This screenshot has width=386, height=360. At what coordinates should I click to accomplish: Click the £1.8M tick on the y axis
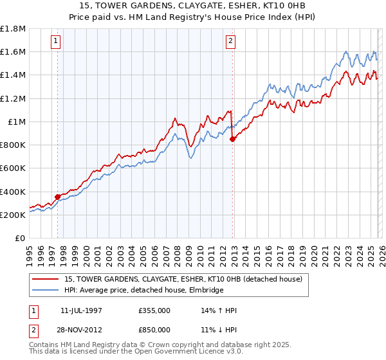point(13,29)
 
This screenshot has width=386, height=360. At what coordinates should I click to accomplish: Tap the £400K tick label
point(13,192)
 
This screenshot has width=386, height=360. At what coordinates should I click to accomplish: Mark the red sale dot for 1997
point(57,197)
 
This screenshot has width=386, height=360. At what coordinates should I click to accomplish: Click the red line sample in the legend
point(46,278)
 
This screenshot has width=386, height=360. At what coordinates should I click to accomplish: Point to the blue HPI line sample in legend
point(46,290)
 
